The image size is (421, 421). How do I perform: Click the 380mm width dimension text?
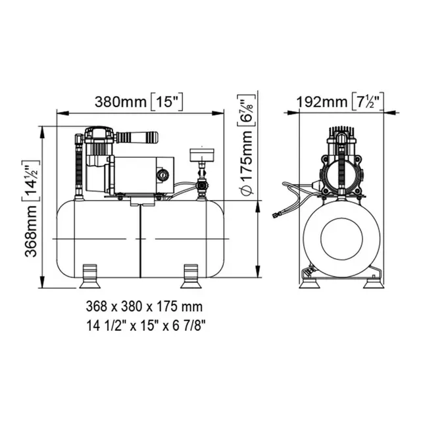pos(121,102)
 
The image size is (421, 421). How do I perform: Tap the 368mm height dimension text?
pos(31,231)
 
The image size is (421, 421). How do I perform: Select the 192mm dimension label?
pos(322,102)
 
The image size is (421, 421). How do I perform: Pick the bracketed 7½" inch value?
pos(368,101)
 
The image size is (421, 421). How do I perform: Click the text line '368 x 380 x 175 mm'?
pos(144,307)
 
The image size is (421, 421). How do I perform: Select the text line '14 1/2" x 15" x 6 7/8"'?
pos(146,326)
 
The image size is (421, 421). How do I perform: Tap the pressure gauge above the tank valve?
pos(202,155)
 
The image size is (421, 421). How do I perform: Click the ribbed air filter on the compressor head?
pos(137,137)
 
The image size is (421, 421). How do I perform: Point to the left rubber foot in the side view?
pos(90,276)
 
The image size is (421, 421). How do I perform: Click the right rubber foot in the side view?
pos(191,276)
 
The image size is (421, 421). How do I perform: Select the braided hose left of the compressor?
pos(79,166)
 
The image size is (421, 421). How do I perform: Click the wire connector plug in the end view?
pos(276,215)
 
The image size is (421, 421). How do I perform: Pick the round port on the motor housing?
pos(162,175)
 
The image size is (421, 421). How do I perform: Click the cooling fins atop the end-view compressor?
pos(341,133)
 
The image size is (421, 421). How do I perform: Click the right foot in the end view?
pos(374,284)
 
